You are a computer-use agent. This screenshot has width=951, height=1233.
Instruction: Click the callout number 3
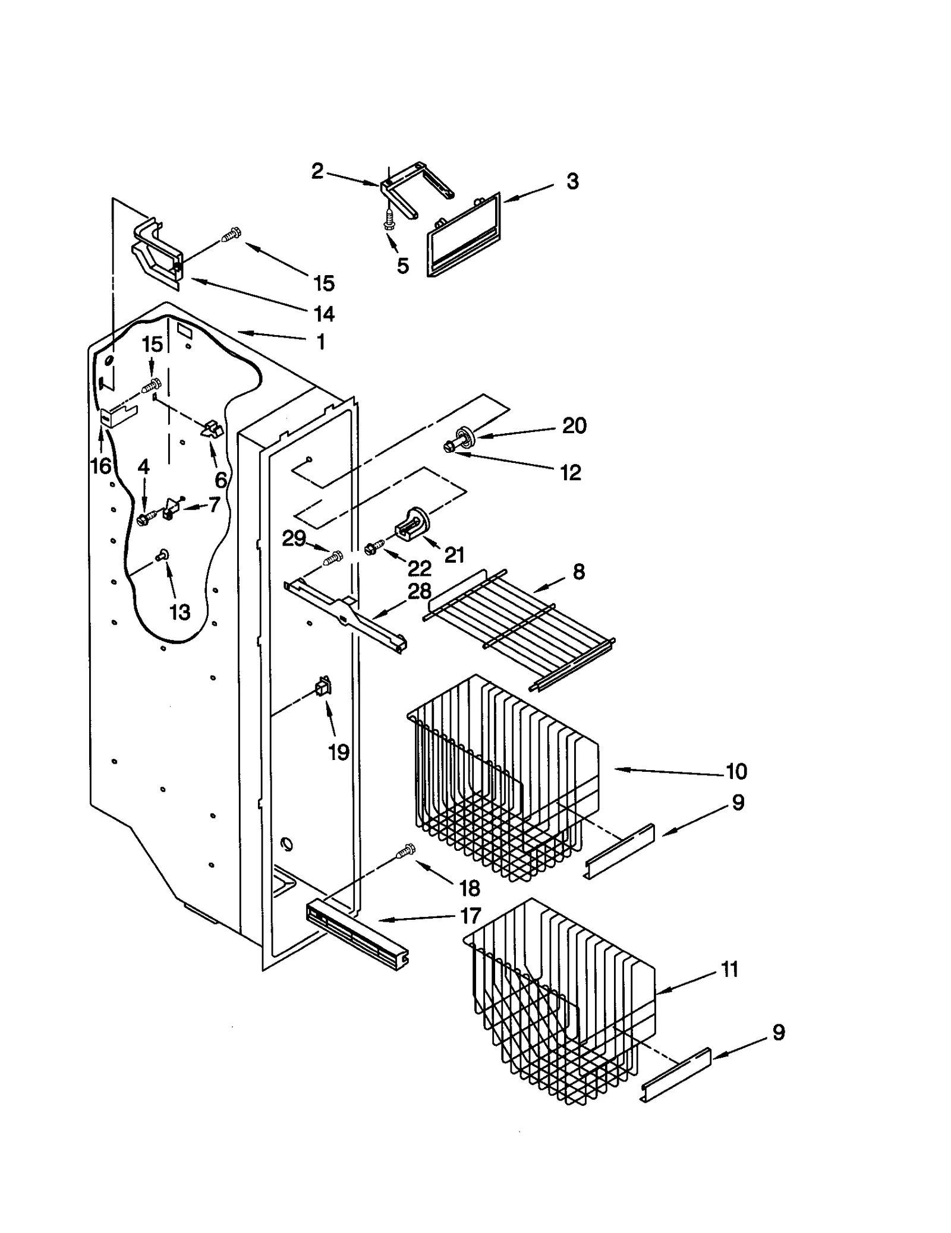(572, 181)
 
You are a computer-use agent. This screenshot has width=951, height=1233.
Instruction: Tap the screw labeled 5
(389, 219)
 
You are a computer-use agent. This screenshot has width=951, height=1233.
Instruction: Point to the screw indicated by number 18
(405, 852)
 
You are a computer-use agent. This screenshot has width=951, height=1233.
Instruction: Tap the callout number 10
(736, 771)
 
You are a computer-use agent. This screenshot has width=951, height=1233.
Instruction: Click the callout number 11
(729, 969)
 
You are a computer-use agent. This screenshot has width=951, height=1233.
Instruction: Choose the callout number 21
(454, 555)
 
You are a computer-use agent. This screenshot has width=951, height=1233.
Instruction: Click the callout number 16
(101, 466)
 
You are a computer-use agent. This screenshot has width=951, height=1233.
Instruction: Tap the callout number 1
(320, 342)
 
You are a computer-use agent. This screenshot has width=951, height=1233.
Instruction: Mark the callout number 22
(419, 568)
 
